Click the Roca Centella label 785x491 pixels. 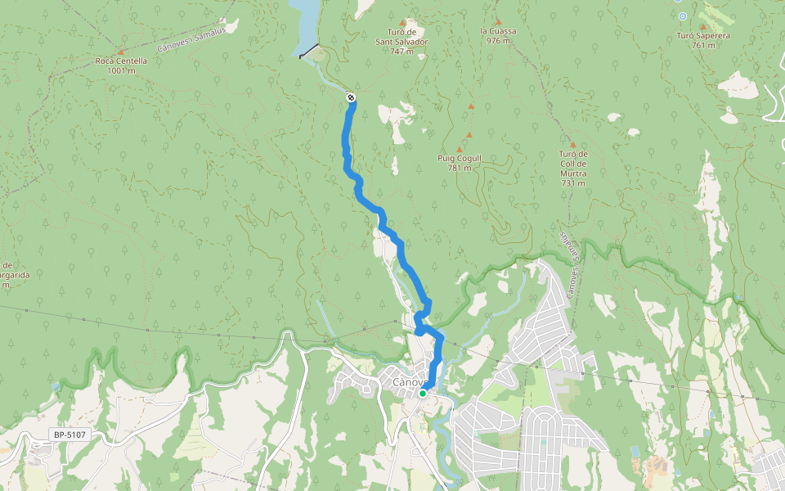coord(121,61)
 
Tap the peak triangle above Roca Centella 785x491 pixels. coord(121,51)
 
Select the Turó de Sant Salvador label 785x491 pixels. coord(401,36)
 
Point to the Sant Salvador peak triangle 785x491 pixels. coord(402,22)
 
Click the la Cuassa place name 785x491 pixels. coord(498,31)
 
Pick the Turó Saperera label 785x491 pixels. coord(703,36)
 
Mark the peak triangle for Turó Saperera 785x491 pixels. coord(702,26)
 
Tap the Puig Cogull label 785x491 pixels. coord(459,159)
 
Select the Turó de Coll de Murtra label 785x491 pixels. coord(572,164)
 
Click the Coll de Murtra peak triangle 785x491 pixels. coord(572,144)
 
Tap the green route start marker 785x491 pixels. coord(422,394)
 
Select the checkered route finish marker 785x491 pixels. coord(351,98)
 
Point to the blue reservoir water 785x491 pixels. coord(306,20)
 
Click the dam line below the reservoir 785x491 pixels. coord(310,51)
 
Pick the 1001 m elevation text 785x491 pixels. coord(121,70)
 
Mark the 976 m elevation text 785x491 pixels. coord(498,40)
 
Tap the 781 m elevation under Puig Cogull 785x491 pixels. coord(459,169)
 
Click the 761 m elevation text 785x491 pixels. coord(703,46)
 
